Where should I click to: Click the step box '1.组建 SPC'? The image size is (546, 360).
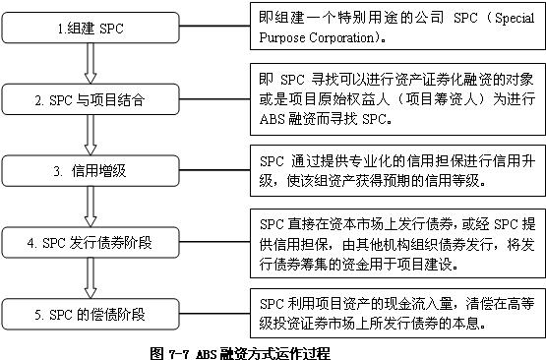point(90,30)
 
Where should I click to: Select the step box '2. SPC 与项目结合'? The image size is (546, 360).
point(90,100)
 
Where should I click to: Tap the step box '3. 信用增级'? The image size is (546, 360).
point(90,169)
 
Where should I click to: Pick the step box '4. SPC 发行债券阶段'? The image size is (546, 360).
point(90,241)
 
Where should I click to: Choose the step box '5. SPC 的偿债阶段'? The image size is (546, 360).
point(90,315)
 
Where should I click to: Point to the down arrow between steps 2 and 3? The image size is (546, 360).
point(90,135)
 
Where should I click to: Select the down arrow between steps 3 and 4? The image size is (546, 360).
point(90,205)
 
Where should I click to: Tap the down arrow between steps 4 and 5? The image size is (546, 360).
point(90,278)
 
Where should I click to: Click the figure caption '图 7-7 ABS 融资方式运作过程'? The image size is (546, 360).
point(241,350)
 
